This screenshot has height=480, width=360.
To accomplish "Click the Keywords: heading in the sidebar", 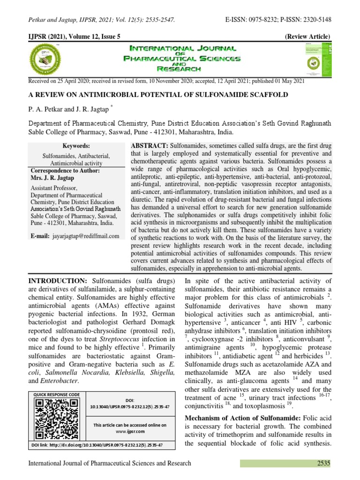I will click(x=76, y=146).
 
